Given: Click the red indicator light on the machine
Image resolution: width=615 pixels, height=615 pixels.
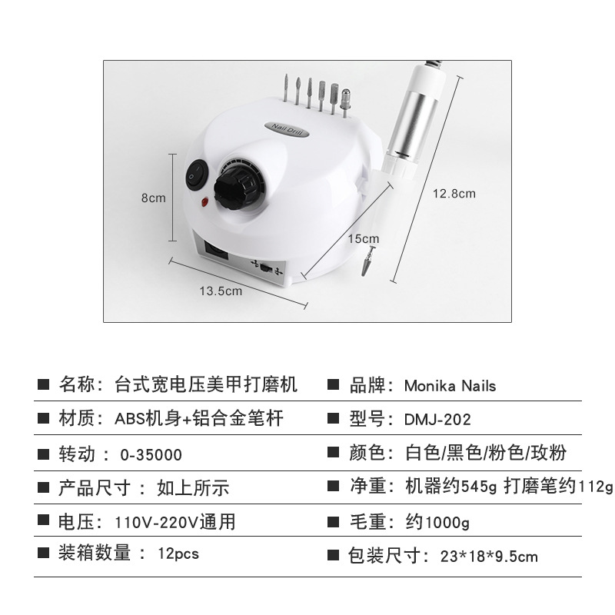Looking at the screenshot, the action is click(204, 202).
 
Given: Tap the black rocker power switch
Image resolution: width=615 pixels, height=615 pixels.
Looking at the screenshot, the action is click(196, 175).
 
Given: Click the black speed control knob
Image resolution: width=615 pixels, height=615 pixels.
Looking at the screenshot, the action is click(234, 189).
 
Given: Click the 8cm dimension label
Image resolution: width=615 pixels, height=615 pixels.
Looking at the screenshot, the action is click(153, 198).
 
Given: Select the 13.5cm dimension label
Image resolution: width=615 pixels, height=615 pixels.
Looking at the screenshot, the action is click(221, 291).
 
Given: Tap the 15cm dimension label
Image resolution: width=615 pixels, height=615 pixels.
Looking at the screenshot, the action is click(364, 238).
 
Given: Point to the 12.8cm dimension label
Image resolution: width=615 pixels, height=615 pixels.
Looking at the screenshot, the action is click(454, 194).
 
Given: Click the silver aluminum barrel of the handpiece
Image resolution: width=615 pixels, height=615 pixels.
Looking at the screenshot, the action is click(412, 119).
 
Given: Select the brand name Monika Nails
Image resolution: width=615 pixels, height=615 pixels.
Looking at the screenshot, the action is click(450, 386).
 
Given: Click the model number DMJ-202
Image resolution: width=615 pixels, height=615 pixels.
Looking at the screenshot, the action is click(437, 420).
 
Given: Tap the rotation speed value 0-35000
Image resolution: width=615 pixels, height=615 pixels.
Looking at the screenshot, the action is click(151, 455).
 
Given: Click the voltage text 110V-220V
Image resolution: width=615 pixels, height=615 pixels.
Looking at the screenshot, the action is click(157, 523).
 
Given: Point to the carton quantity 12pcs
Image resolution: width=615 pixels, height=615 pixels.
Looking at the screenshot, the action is click(178, 553).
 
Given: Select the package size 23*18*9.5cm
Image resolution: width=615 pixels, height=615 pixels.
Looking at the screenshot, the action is click(489, 557).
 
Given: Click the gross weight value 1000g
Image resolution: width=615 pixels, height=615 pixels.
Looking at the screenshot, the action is click(447, 523).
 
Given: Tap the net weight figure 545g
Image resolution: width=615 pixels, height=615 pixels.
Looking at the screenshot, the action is click(478, 487).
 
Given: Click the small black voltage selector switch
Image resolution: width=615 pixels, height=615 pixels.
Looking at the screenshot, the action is click(266, 268).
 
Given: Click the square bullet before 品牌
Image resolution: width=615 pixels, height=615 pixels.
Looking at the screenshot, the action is click(333, 384).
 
